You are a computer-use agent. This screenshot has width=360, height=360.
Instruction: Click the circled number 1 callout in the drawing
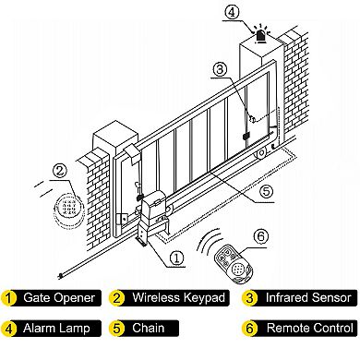pos(176,258)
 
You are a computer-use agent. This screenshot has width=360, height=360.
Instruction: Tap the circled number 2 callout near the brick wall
pos(60,170)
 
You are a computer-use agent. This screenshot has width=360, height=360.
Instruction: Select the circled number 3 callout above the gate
pos(220,69)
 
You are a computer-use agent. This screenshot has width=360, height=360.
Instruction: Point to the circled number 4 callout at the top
pos(232,12)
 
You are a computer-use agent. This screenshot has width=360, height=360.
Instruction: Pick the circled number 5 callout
pos(266,192)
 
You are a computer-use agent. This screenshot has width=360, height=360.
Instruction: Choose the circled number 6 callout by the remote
pos(260,236)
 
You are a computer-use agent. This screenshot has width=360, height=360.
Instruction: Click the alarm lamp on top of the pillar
pos(261,34)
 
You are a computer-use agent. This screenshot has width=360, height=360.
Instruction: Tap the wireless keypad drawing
pos(68,210)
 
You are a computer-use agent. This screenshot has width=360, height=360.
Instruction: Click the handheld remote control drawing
pos(234,263)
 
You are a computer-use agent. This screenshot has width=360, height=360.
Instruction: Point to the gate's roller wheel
pos(261,153)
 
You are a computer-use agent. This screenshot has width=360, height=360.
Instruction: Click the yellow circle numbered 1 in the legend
pos(8,298)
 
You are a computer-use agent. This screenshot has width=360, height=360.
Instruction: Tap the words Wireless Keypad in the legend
pos(178,297)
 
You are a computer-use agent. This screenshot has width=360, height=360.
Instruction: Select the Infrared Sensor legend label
pos(308,297)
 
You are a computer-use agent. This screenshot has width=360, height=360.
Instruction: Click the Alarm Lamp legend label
pos(56,328)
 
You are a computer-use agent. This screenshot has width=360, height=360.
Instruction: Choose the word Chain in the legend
pos(148,328)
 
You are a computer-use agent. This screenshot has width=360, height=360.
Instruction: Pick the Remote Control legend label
pos(310,328)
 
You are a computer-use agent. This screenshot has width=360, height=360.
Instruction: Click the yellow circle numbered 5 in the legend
pos(116,329)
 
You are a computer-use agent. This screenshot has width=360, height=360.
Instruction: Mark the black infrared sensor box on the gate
pos(246,136)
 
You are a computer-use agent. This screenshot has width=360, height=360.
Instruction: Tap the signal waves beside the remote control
pos(210,242)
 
